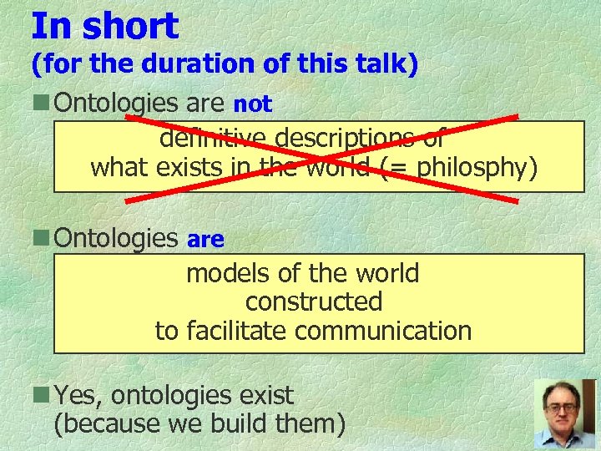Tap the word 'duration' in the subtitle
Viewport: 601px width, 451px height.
coord(159,65)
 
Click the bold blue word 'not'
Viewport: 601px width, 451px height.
coord(252,104)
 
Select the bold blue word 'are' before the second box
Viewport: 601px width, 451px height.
coord(205,240)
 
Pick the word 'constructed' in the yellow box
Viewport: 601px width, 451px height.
coord(314,302)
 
